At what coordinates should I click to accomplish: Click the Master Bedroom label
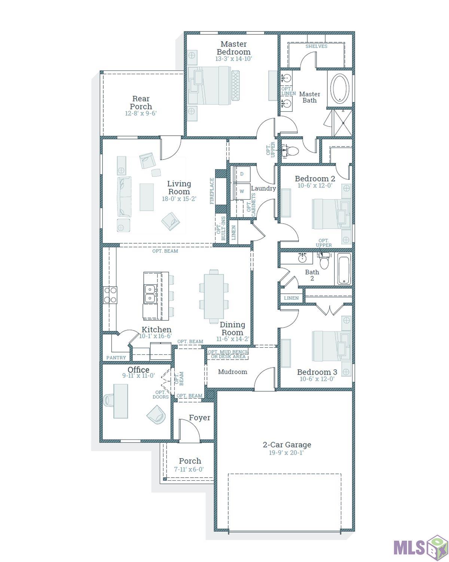(233, 48)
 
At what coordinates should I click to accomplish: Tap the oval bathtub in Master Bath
(340, 88)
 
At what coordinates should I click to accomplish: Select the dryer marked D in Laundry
(242, 174)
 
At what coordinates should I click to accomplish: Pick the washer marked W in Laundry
(242, 191)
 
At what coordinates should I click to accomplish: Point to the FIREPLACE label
(211, 191)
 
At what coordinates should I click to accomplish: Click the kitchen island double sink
(150, 293)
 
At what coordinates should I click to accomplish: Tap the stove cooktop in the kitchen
(110, 295)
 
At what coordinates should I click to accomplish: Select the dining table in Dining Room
(214, 296)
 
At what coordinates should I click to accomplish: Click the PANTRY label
(116, 357)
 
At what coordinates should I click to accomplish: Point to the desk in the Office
(120, 401)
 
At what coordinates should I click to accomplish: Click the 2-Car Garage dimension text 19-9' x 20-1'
(286, 453)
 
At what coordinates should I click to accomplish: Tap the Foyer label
(199, 418)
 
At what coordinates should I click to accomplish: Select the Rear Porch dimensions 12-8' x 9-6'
(141, 113)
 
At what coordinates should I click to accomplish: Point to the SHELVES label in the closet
(316, 46)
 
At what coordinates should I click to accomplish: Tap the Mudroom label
(232, 372)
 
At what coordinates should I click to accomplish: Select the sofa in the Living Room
(124, 197)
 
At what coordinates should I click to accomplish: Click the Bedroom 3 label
(317, 372)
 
